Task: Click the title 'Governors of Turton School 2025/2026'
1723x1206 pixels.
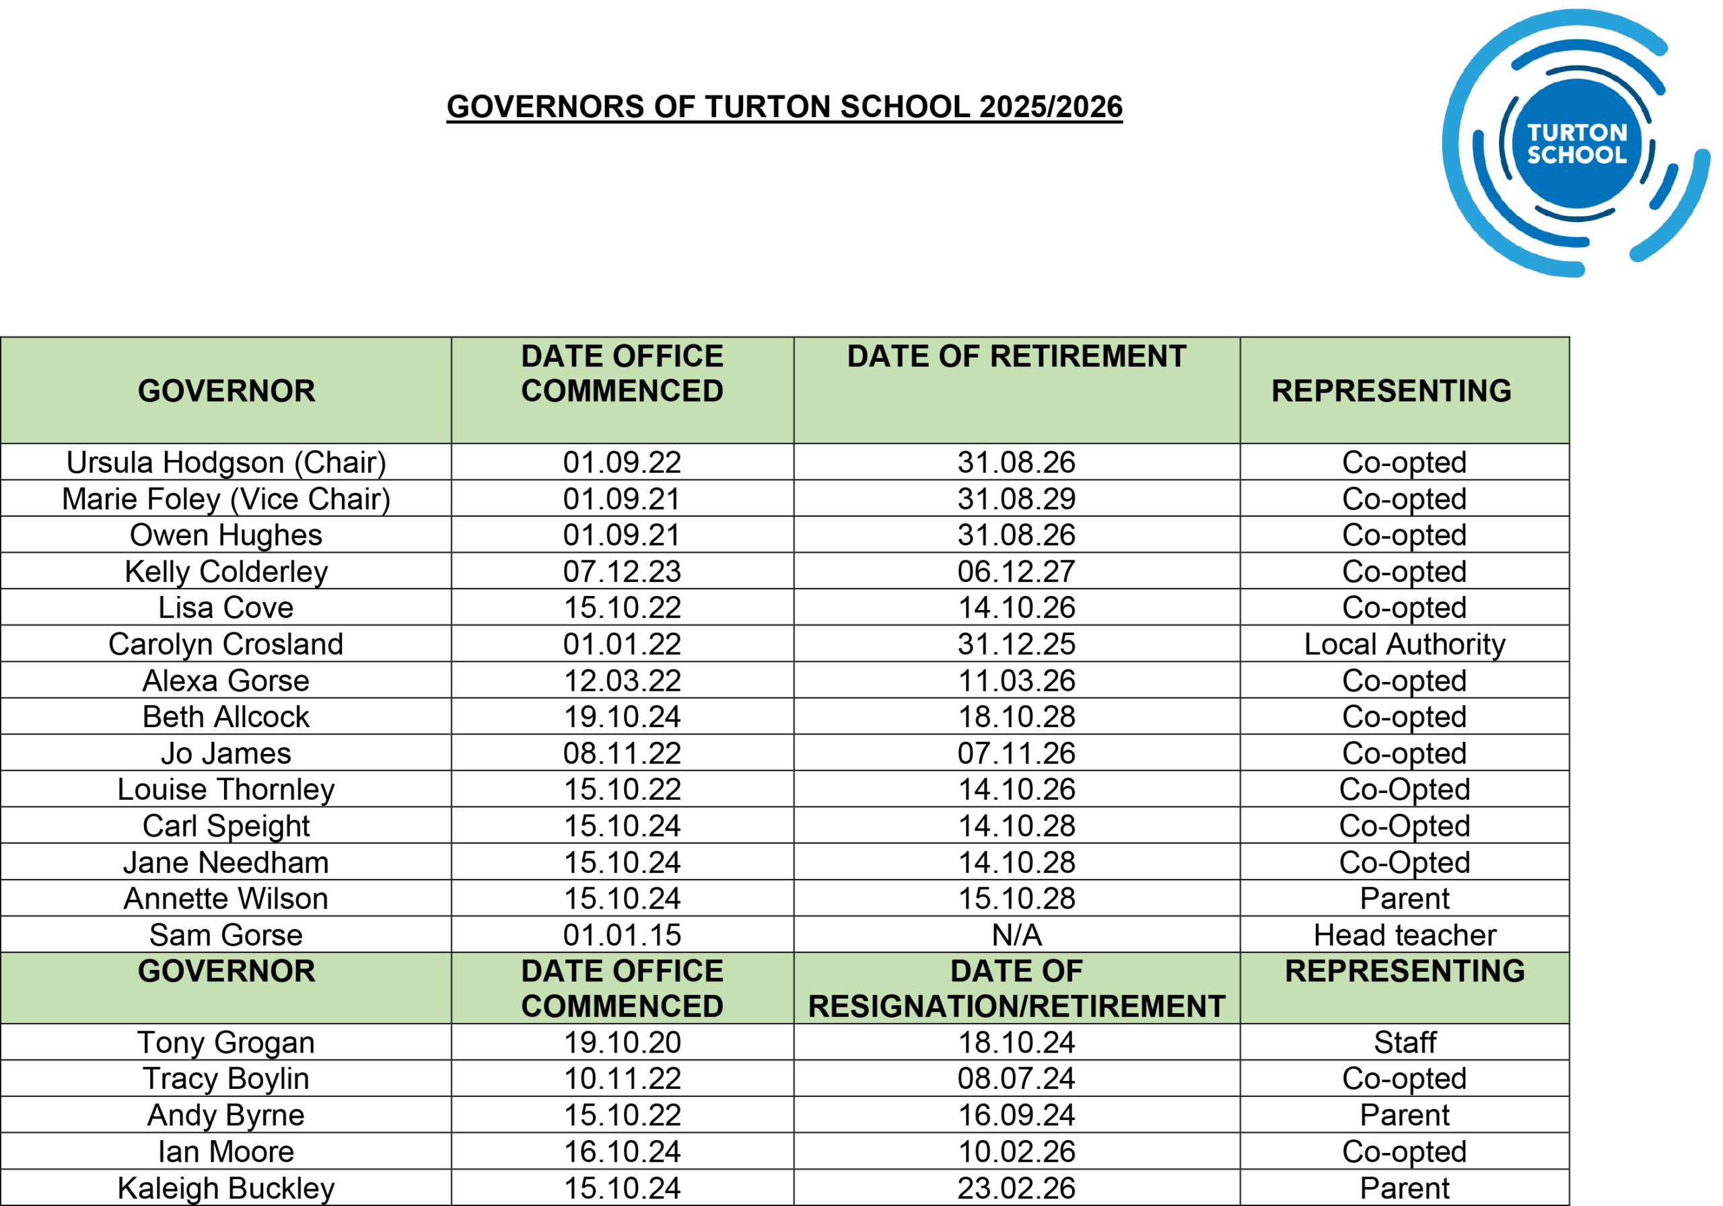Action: coord(784,106)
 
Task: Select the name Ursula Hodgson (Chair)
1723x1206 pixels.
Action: coord(226,462)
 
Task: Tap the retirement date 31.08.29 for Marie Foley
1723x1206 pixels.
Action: coord(1016,499)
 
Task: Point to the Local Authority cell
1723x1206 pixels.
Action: coord(1404,644)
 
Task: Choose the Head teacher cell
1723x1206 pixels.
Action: coord(1404,934)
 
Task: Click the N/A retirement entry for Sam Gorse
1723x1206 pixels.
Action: coord(1016,934)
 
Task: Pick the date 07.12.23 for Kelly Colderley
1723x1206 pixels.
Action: coord(622,572)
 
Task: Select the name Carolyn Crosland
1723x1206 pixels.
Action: coord(226,644)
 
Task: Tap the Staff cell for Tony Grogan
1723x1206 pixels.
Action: coord(1404,1043)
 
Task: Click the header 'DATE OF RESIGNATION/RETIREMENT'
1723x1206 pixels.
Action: coord(1016,989)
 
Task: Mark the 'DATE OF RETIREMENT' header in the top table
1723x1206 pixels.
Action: coord(1016,356)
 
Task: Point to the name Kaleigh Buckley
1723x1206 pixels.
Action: coord(226,1188)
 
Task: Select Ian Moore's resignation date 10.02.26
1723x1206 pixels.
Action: coord(1016,1152)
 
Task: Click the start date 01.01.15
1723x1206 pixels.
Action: coord(622,934)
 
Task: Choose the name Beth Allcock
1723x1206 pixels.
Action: coord(226,717)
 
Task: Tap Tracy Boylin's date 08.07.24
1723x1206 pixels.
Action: coord(1016,1078)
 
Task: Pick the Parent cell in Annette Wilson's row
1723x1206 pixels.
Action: coord(1404,899)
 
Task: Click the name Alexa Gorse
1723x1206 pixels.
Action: coord(226,681)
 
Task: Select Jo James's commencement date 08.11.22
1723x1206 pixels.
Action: coord(622,753)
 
